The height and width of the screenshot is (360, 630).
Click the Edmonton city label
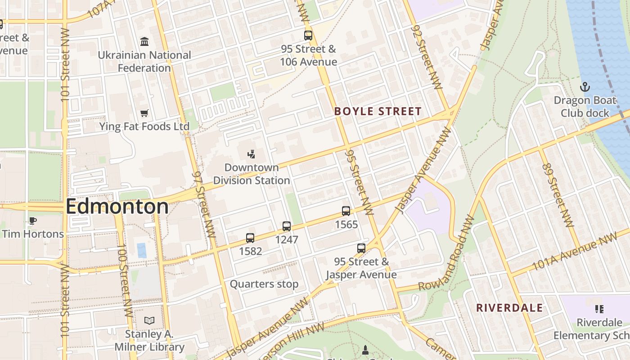tap(117, 207)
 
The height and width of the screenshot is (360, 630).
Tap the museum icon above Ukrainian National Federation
tap(144, 42)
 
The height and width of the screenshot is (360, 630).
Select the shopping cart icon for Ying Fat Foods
tap(144, 113)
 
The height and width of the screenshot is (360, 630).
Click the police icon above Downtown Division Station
tap(252, 154)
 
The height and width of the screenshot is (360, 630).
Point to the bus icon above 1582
tap(250, 238)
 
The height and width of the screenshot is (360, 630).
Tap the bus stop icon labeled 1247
tap(287, 226)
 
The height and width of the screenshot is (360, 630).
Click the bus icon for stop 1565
tap(346, 211)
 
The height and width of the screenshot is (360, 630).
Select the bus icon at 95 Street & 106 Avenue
tap(308, 36)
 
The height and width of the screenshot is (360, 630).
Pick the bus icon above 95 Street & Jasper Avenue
tap(361, 248)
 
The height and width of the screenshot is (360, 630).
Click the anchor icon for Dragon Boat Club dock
tap(585, 86)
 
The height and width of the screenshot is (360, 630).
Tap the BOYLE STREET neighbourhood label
tap(378, 112)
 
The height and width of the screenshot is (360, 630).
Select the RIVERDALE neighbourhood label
tap(509, 308)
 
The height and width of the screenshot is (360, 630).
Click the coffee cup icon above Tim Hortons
tap(32, 220)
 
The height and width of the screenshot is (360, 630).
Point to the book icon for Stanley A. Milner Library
tap(149, 320)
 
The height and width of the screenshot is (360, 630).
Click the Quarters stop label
tap(264, 284)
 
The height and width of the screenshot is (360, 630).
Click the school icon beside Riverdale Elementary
tap(599, 309)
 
